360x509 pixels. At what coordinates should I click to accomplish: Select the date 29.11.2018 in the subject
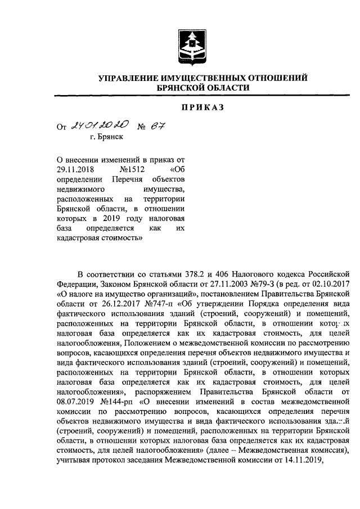click(75, 168)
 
